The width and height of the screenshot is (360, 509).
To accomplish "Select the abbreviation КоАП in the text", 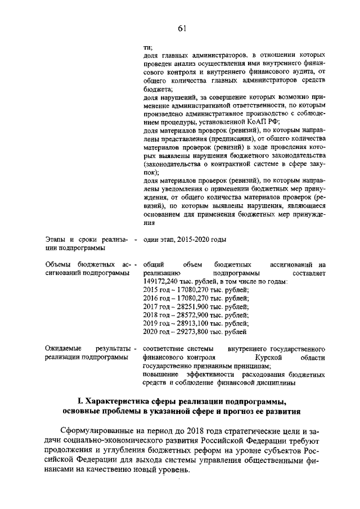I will [x=260, y=122].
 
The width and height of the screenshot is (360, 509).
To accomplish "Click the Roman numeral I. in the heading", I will [x=80, y=401].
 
